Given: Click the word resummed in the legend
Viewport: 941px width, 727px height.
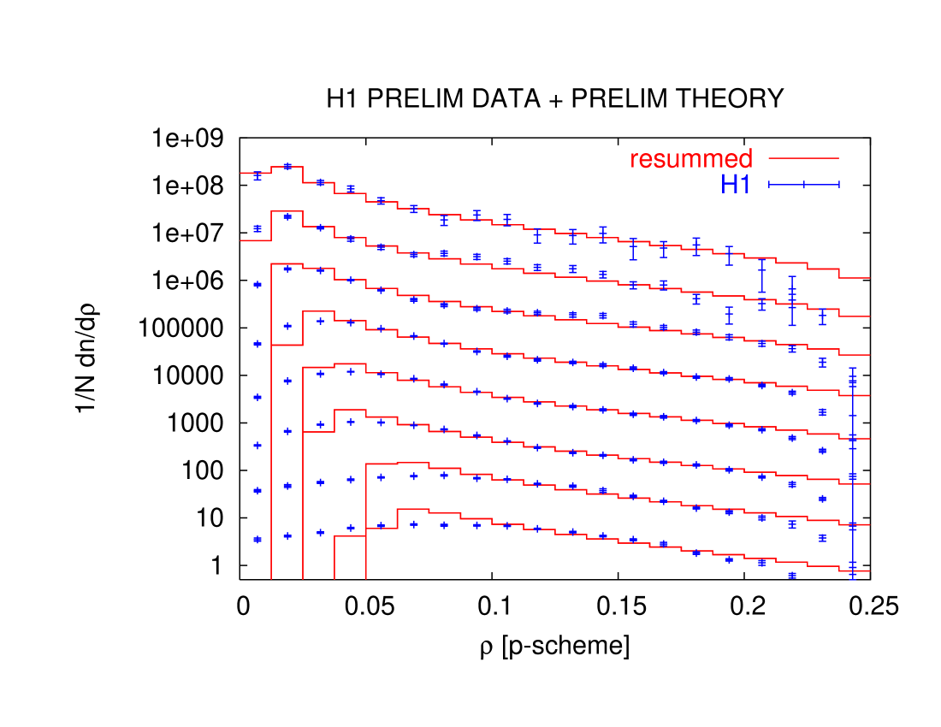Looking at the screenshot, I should [x=691, y=159].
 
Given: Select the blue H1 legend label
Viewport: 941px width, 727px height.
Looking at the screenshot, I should [x=736, y=184].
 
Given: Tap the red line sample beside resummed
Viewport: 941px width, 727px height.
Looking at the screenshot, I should [x=803, y=158].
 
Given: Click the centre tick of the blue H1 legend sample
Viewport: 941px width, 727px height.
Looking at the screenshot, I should [x=804, y=184].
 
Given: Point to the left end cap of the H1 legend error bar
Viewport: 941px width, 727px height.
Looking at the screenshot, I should [x=769, y=184].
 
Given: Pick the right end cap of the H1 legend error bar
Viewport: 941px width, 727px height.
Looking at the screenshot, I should [x=839, y=184].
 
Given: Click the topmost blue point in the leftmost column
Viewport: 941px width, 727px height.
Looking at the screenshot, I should [x=257, y=175].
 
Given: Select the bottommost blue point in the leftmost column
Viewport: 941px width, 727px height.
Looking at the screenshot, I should [x=257, y=539].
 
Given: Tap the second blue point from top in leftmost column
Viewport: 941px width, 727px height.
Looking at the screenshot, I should [x=257, y=228].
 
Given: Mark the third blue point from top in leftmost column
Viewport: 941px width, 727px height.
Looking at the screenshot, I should [x=257, y=284].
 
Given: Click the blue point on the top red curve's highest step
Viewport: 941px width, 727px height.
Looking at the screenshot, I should [x=287, y=166].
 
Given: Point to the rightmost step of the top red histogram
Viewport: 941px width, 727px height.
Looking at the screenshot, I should [x=855, y=277].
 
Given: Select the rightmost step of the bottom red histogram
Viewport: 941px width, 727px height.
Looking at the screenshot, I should [x=855, y=570].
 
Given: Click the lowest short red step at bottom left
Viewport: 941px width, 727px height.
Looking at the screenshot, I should [x=350, y=536].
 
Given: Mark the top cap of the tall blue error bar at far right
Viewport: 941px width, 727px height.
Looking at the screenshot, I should [x=853, y=368].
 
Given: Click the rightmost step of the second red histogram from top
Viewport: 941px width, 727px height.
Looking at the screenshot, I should [x=855, y=316].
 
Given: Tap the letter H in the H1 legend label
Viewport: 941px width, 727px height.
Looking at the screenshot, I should [x=729, y=184].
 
